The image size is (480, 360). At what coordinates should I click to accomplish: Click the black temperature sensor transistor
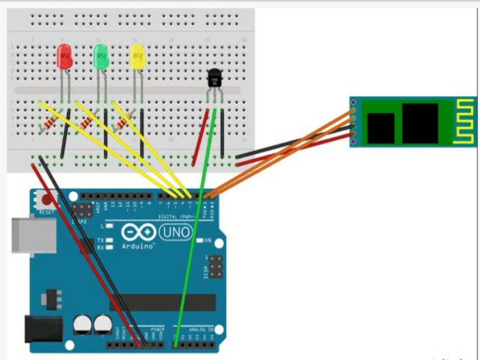(214, 77)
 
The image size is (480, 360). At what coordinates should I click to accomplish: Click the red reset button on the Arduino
(45, 200)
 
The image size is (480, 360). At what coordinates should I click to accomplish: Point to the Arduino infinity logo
(137, 232)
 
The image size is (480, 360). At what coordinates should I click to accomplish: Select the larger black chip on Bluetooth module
(420, 123)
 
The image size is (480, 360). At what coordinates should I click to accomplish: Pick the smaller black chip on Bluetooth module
(380, 128)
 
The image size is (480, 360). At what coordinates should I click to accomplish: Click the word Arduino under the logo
(139, 246)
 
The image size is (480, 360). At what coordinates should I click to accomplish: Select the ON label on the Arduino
(208, 241)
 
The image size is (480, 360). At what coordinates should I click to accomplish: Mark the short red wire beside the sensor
(200, 138)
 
